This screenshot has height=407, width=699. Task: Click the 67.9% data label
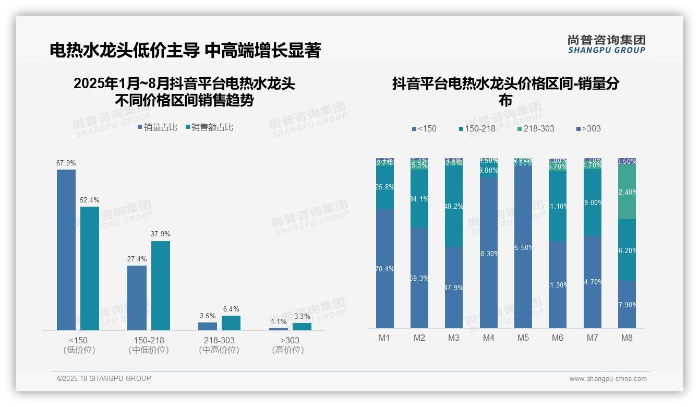click(66, 163)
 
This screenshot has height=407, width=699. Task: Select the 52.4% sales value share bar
click(90, 268)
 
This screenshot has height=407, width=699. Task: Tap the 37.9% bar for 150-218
click(160, 285)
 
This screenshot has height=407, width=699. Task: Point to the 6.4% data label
click(231, 309)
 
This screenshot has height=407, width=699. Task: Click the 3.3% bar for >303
click(302, 327)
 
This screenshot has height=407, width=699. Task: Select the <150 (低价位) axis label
click(79, 345)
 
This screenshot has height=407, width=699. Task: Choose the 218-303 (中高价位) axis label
click(219, 345)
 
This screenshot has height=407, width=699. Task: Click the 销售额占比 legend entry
click(209, 127)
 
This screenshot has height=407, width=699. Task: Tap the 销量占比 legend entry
click(158, 127)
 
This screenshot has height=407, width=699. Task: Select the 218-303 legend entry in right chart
click(536, 129)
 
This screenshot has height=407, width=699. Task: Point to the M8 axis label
click(626, 338)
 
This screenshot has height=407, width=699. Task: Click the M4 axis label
click(488, 338)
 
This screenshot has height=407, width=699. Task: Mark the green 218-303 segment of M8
click(626, 192)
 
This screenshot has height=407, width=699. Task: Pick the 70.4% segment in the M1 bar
click(384, 269)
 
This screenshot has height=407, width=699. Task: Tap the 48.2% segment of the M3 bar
click(454, 207)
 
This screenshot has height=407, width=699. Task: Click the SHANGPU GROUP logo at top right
click(606, 44)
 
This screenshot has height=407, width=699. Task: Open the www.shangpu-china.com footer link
click(608, 379)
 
